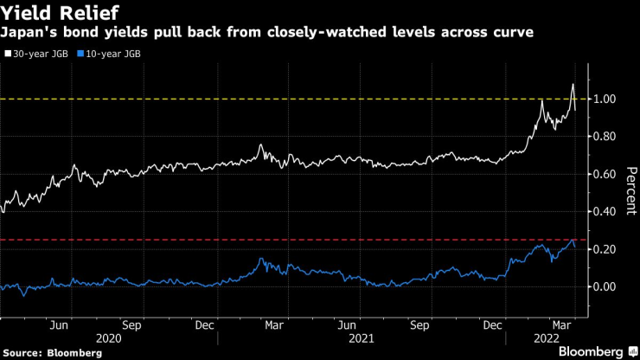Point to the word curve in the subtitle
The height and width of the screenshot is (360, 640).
[x=513, y=32]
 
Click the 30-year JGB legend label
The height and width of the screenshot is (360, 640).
[x=42, y=53]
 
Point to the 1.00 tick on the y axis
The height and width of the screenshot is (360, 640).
[x=605, y=100]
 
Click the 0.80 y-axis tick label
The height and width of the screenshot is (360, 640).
[x=605, y=137]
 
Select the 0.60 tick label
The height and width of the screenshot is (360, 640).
[x=605, y=174]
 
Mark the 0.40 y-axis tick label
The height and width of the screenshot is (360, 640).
[x=605, y=211]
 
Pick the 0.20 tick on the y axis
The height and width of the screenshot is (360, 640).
[x=605, y=249]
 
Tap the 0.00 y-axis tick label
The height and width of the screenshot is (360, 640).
[x=605, y=286]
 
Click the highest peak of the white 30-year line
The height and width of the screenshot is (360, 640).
[x=573, y=84]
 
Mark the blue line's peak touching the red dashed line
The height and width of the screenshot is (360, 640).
[x=572, y=241]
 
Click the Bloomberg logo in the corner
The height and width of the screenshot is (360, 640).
[x=592, y=351]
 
